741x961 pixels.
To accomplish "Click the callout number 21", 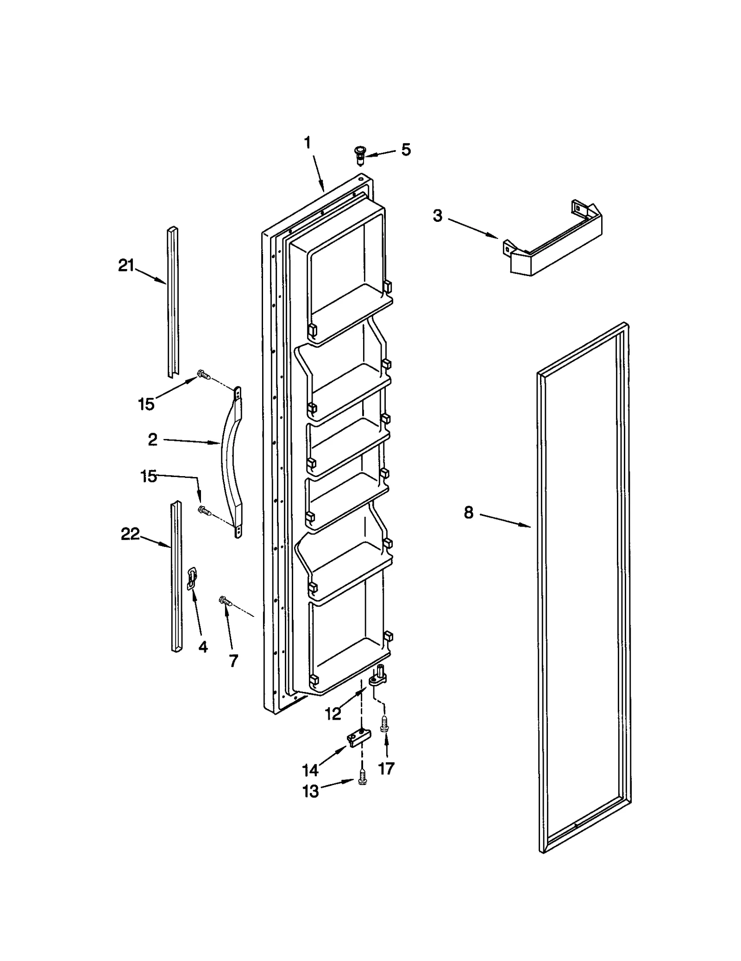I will point(126,266).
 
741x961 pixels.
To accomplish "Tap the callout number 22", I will point(130,534).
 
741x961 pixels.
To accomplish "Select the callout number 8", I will point(469,513).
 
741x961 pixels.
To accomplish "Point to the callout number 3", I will point(438,216).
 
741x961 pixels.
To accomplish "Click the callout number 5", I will point(406,150).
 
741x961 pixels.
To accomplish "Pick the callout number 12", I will point(333,714).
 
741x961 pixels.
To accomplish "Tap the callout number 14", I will point(310,770).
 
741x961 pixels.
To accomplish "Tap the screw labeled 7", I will point(225,601).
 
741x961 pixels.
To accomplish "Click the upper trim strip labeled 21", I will point(173,301).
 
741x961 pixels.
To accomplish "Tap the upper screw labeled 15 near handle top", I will point(202,374).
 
